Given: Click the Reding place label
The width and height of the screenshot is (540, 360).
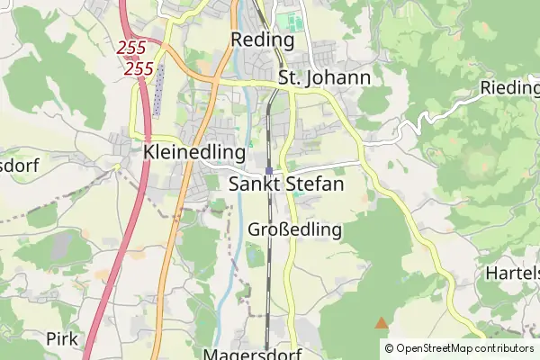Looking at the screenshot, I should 263,40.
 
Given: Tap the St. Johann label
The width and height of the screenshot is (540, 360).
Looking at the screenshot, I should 324,78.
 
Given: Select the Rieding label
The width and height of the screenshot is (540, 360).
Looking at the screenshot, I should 510,88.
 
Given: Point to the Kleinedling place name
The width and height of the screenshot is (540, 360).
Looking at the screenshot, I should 194,152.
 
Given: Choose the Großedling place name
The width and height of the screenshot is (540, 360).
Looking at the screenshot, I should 294,229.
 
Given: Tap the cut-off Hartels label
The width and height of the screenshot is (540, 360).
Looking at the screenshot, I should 512,273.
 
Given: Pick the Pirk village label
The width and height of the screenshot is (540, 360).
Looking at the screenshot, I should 62,339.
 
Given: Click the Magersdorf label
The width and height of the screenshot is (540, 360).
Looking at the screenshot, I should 252,353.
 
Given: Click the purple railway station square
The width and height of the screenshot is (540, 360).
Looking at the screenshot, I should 269,170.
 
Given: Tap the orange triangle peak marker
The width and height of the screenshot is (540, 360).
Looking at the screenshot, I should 382,321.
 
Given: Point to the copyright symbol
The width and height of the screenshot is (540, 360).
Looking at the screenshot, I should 389,348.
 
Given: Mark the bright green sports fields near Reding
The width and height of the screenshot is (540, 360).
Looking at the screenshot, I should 290,21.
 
